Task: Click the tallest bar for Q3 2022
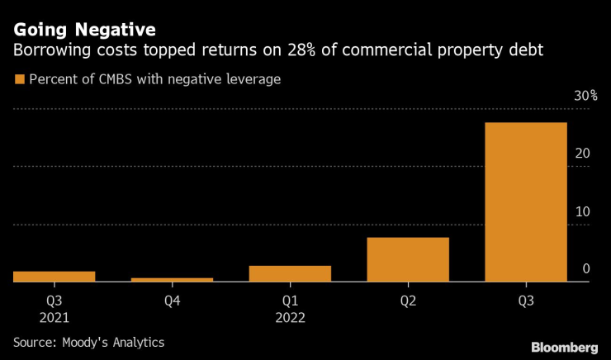525,202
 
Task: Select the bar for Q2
408,259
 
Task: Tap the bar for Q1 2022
290,273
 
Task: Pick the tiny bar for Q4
172,279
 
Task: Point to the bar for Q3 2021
54,277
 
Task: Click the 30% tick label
585,97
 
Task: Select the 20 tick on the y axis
583,154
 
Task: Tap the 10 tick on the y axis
583,211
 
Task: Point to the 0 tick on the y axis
586,269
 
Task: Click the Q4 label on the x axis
172,301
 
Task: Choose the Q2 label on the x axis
408,301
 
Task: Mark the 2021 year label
54,318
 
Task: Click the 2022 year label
290,318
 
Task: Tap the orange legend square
17,80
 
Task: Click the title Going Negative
83,30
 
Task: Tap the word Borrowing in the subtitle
48,51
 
